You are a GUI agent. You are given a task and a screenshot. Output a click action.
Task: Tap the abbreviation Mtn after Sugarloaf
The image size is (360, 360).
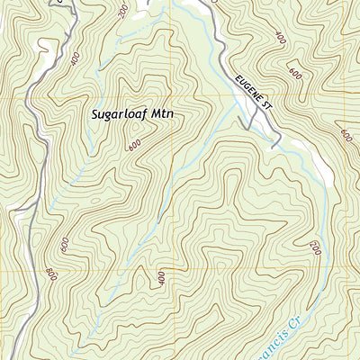click(x=164, y=115)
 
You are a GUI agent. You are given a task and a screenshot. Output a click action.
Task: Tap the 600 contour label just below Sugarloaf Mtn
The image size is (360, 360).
click(x=135, y=144)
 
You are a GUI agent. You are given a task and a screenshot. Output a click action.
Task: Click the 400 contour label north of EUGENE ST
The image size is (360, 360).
click(x=280, y=40)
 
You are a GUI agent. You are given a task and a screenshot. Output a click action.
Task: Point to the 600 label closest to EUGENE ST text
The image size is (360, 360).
click(x=294, y=72)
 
